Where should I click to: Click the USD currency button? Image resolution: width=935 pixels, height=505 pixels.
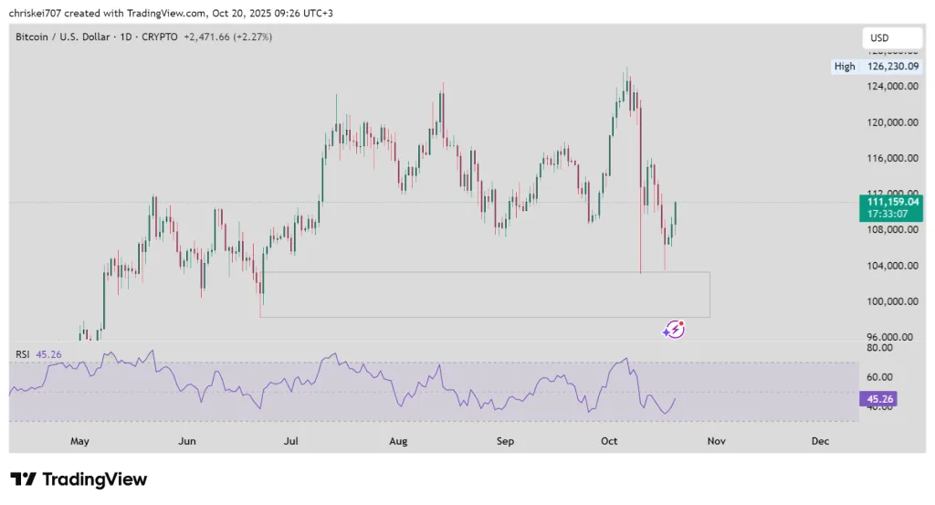click(x=879, y=38)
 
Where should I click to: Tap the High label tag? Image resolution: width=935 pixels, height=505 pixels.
click(x=845, y=67)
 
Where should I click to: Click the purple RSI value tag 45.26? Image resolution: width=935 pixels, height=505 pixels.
click(x=882, y=398)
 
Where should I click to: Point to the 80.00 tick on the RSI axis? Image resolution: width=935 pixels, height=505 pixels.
click(x=878, y=348)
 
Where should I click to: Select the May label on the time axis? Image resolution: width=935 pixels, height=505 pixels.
click(x=80, y=441)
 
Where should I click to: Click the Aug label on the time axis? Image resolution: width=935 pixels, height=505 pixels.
click(x=398, y=441)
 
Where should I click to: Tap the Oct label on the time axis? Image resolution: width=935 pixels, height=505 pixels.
click(x=609, y=441)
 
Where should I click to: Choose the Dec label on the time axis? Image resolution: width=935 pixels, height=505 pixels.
click(x=820, y=441)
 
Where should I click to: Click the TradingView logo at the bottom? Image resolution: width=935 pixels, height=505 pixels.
click(x=79, y=479)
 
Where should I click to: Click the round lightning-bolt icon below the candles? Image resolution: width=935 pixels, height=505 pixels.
click(x=675, y=330)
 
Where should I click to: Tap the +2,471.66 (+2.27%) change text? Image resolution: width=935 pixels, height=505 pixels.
click(x=227, y=37)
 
